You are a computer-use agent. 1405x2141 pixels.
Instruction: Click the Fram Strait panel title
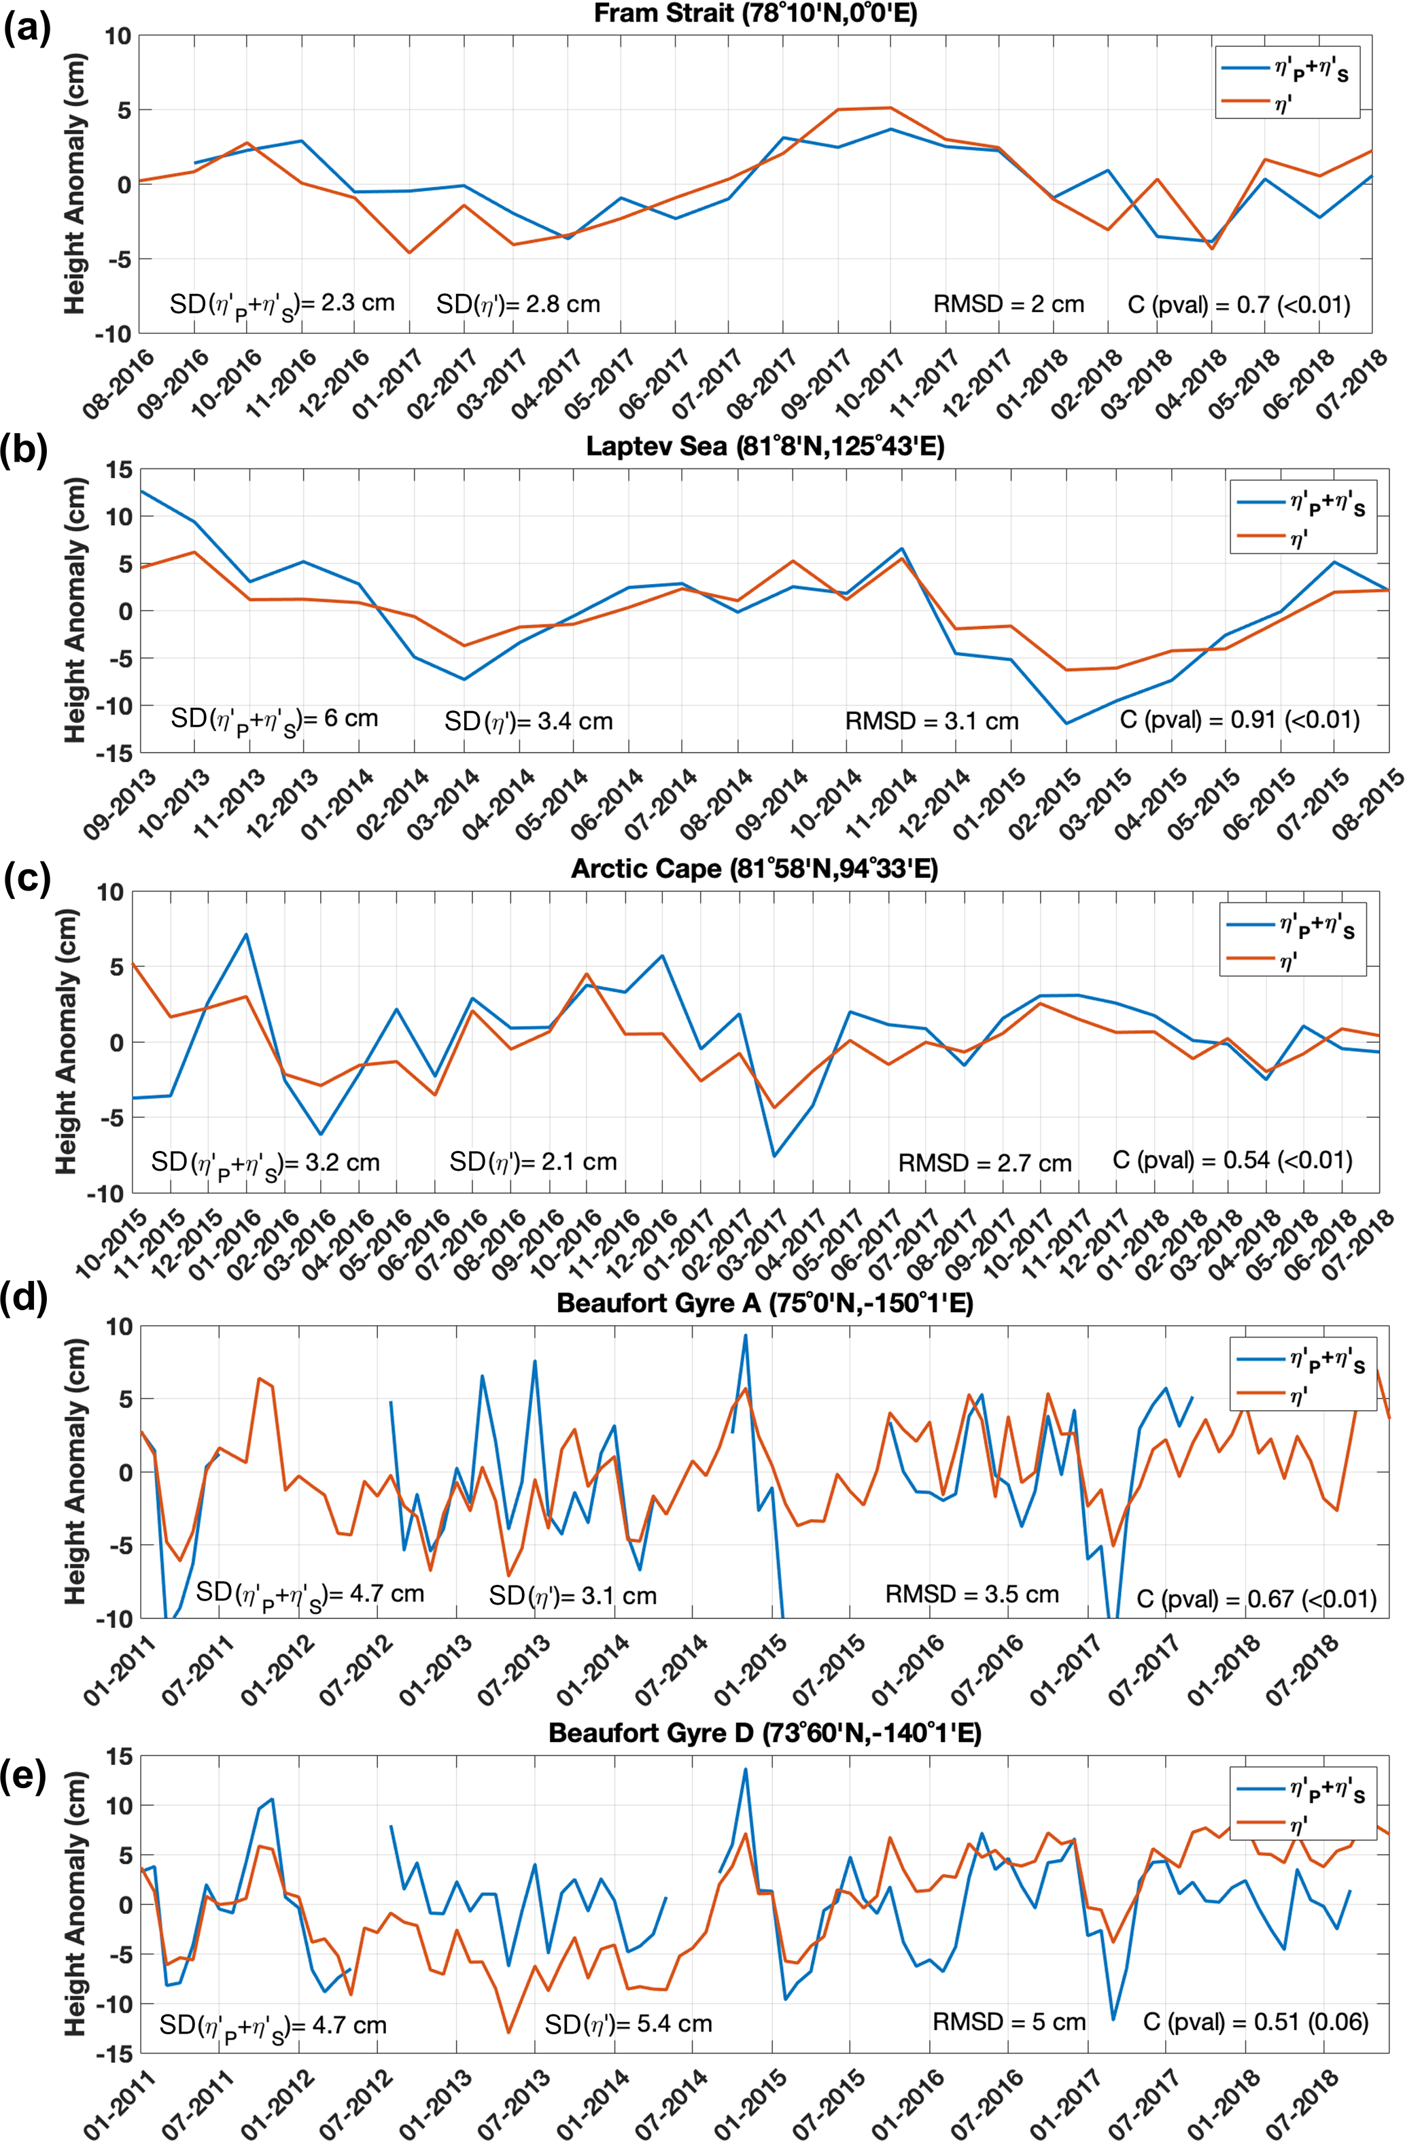click(756, 14)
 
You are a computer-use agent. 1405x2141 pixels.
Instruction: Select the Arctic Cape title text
click(754, 869)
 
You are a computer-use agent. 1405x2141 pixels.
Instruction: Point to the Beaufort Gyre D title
click(765, 1734)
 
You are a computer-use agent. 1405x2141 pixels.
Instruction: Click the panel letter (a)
click(27, 29)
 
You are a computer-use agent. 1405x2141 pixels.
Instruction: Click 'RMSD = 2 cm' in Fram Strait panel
click(1008, 304)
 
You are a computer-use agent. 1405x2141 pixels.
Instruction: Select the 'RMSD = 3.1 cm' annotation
click(932, 721)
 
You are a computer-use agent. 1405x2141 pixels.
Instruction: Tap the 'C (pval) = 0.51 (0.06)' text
click(1255, 2022)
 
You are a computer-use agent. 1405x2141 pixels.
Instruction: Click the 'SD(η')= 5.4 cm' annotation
click(628, 2024)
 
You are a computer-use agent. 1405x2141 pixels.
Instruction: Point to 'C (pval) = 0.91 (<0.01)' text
click(1240, 719)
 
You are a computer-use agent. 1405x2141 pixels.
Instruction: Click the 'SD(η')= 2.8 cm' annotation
click(518, 304)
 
